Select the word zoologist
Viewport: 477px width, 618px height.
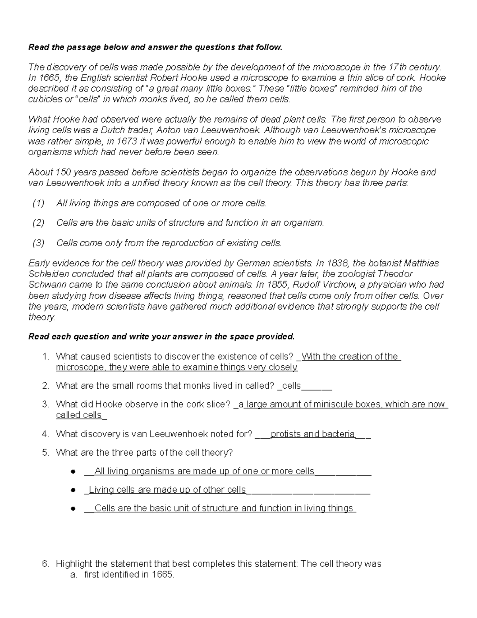(x=357, y=274)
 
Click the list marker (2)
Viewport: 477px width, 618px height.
(x=39, y=223)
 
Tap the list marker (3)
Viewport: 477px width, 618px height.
(x=39, y=243)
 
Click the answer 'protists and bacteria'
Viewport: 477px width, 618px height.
(x=312, y=434)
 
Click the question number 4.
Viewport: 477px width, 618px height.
(x=45, y=434)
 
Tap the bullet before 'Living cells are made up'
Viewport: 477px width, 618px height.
(x=73, y=490)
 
